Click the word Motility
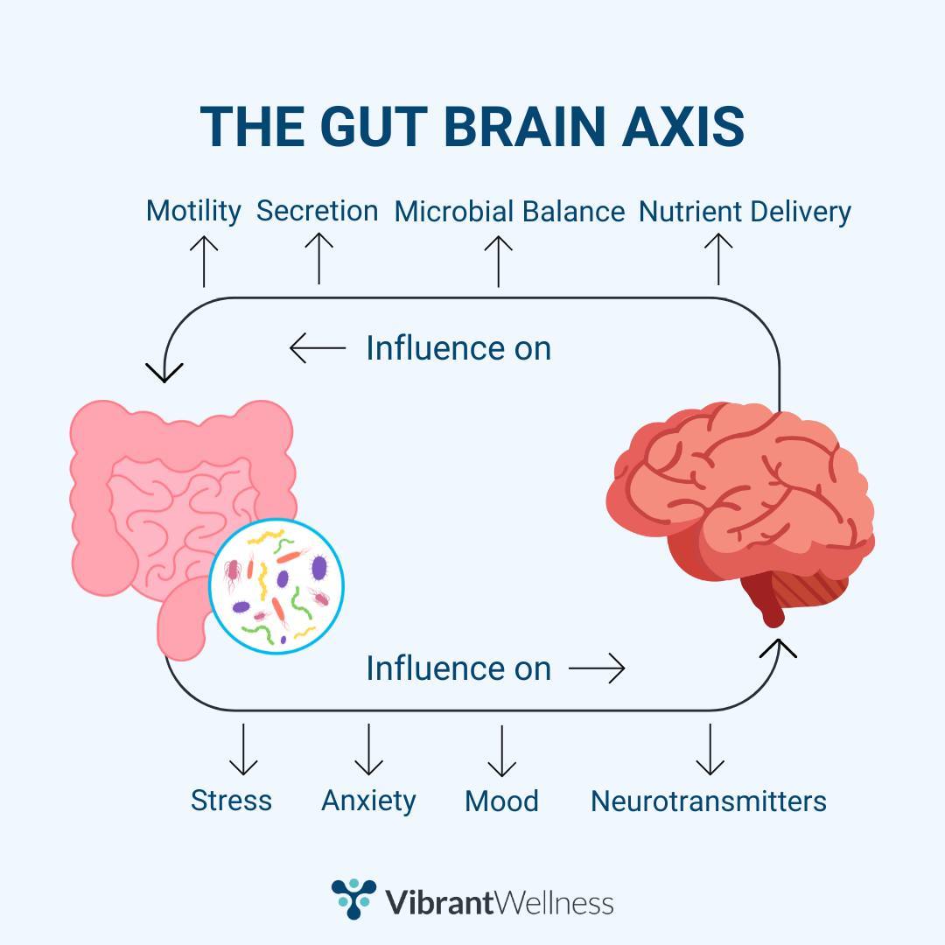pos(193,211)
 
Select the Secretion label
pos(317,211)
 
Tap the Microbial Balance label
pos(509,212)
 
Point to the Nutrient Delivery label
pos(745,212)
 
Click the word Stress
pos(231,801)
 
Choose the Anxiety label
pos(368,801)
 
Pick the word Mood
pos(501,801)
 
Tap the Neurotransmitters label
pos(708,801)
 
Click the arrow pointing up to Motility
pos(204,260)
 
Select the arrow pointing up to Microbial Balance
pos(498,260)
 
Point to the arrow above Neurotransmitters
pos(710,749)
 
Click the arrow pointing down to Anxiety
pos(368,749)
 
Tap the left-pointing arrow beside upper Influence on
pos(318,348)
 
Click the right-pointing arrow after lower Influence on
pos(597,669)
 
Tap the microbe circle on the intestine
pos(276,585)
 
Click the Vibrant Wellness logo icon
pos(353,899)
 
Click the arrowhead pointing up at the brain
pos(779,648)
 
